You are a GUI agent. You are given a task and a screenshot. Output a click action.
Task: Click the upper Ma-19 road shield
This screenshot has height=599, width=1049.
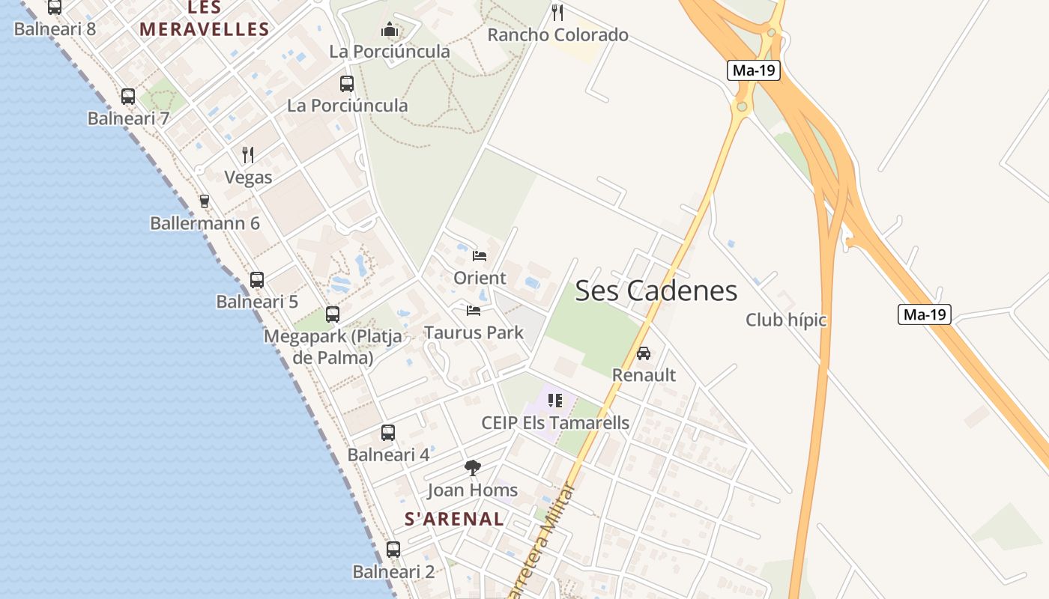click(x=754, y=71)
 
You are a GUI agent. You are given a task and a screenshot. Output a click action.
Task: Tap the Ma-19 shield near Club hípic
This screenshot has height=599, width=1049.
click(x=925, y=314)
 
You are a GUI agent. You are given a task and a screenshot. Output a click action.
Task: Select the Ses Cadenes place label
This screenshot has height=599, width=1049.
click(x=656, y=291)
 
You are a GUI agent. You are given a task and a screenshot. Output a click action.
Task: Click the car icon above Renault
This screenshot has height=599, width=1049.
click(x=644, y=353)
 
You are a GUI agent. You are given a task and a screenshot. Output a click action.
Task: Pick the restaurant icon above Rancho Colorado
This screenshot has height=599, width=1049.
click(x=557, y=13)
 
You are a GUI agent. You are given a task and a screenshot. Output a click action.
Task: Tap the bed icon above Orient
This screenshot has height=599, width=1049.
click(x=480, y=256)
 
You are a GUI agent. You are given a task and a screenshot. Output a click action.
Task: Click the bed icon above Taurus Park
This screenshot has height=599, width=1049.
click(x=473, y=310)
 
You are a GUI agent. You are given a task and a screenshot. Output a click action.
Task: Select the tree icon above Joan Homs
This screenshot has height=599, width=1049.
click(x=472, y=469)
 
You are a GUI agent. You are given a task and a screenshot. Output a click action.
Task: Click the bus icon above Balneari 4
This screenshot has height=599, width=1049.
click(x=387, y=433)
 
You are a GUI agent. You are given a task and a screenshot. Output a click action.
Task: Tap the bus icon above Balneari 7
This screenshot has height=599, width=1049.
click(x=128, y=97)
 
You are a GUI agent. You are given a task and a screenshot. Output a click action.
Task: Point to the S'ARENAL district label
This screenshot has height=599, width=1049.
click(x=454, y=518)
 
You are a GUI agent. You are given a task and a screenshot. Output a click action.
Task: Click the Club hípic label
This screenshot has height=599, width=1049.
click(x=785, y=320)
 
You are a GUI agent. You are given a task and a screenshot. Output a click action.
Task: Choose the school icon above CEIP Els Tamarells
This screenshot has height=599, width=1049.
click(x=554, y=401)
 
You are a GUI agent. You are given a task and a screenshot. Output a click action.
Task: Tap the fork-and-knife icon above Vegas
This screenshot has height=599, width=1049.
click(x=248, y=155)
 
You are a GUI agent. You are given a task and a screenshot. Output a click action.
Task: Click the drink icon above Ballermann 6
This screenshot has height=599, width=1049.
click(x=204, y=201)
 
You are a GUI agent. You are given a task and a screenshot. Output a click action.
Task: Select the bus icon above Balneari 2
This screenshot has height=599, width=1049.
click(x=393, y=550)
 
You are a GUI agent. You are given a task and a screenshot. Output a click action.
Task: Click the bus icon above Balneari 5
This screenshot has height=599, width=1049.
click(x=257, y=280)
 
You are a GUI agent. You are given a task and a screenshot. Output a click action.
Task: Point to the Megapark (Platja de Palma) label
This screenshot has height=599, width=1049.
click(x=333, y=347)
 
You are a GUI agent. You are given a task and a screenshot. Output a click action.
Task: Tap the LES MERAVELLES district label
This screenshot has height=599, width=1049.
click(x=204, y=19)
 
